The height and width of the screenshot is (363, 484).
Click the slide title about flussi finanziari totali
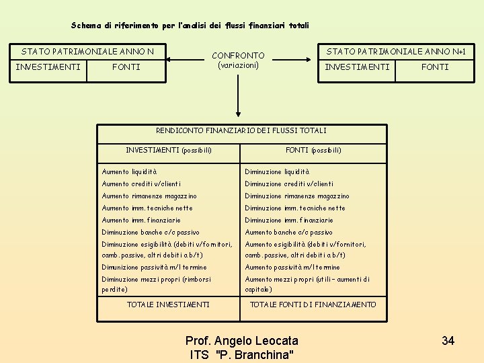190,26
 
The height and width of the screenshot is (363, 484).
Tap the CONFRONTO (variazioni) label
238,61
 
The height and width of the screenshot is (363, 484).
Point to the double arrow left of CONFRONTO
188,61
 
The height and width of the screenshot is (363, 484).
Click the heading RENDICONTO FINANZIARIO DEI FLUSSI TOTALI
241,130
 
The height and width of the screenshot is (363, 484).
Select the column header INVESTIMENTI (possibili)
169,149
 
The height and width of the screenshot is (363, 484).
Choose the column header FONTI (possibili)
313,150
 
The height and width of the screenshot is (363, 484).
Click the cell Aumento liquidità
129,172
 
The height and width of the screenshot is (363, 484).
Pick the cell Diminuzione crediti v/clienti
289,184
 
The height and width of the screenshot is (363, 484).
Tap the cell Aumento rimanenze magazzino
149,196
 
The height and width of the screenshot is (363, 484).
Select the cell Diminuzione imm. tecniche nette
295,208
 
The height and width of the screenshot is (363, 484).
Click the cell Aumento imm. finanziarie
141,220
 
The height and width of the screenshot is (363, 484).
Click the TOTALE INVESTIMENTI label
168,305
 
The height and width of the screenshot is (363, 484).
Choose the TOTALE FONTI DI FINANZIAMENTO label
313,305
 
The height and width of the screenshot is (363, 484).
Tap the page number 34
448,341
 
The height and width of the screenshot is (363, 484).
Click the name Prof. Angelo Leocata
241,341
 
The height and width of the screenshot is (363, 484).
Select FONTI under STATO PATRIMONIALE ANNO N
126,67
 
